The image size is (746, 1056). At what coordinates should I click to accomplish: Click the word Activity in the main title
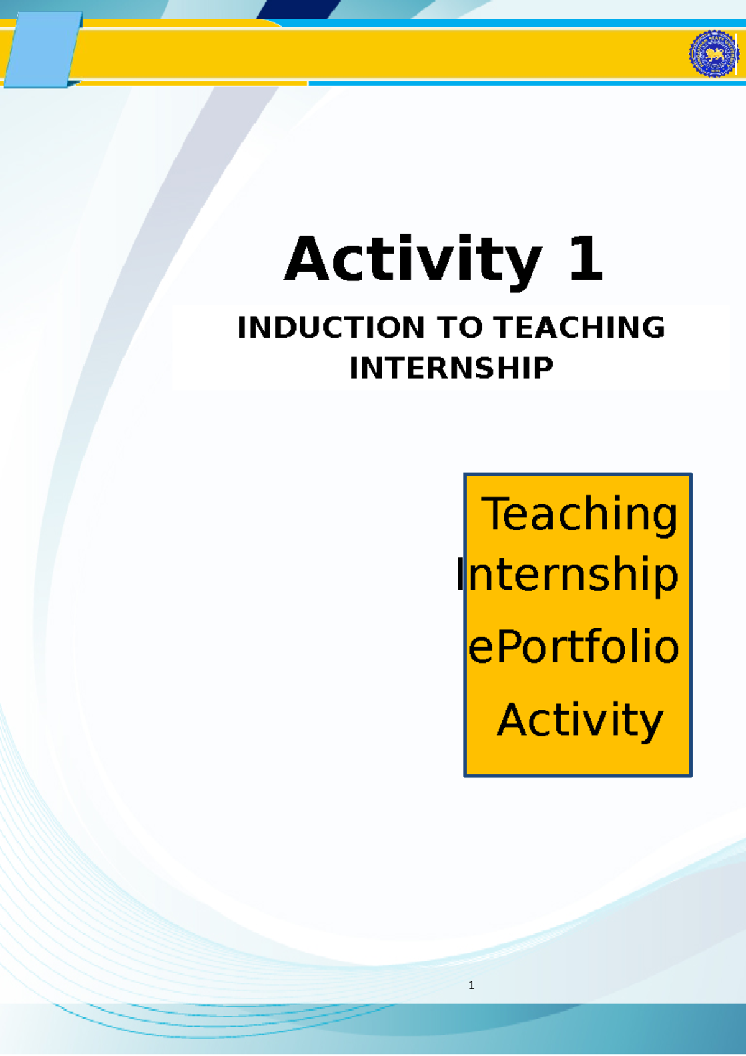pos(412,260)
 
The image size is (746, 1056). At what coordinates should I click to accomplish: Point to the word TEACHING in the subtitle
pos(579,328)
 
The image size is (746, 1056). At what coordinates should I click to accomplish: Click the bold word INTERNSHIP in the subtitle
pos(451,368)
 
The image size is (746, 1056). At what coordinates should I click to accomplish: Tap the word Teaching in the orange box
pos(580,515)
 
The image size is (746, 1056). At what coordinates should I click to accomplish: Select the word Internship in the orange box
pos(567,575)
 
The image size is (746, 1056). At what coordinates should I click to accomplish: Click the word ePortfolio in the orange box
pos(573,647)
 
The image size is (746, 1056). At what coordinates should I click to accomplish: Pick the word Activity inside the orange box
pos(580,720)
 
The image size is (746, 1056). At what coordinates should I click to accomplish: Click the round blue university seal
pos(713,54)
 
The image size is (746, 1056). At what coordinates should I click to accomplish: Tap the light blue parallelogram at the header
pos(42,50)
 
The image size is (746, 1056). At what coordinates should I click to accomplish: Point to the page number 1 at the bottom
pos(472,985)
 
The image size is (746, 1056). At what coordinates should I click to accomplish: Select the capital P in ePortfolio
pos(508,647)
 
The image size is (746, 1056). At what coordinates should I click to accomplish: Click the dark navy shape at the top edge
pos(298,8)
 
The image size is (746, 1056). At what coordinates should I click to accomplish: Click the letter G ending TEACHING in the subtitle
pos(651,328)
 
